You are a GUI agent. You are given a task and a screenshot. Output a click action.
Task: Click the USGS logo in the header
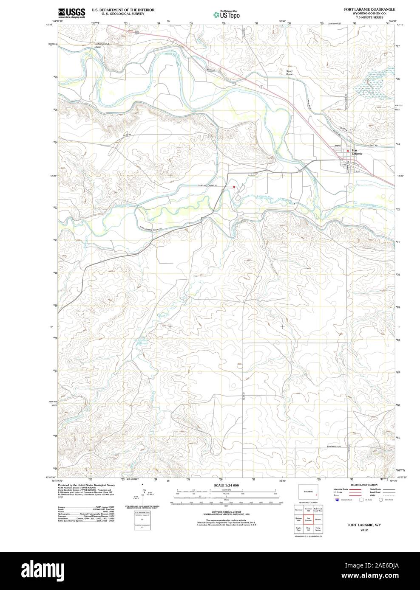pyautogui.click(x=71, y=13)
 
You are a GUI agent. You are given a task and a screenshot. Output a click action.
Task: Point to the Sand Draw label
pyautogui.click(x=289, y=73)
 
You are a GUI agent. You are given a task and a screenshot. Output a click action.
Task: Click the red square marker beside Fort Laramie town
pyautogui.click(x=347, y=151)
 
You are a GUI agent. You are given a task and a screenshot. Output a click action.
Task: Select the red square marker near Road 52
pyautogui.click(x=234, y=186)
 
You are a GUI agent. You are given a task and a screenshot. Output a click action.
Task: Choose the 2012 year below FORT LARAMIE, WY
pyautogui.click(x=363, y=530)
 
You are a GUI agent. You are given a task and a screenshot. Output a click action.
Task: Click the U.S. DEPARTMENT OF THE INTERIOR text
pyautogui.click(x=120, y=9)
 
